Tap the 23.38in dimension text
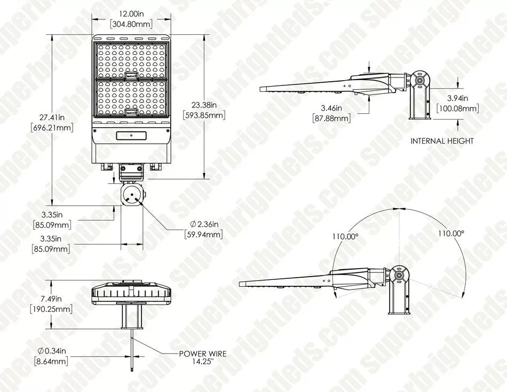point(203,105)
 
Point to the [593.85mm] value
point(203,115)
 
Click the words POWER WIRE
point(203,354)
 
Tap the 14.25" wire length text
point(202,361)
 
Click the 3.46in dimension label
point(331,108)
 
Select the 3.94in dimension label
point(457,99)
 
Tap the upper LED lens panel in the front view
point(131,59)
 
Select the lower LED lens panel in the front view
point(131,98)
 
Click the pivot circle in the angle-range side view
point(399,275)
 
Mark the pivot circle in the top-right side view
point(419,80)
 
